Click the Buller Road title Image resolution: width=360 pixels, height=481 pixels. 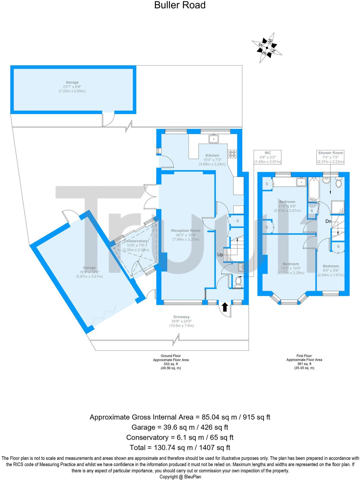point(180,5)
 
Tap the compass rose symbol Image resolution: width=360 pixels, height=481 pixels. point(267,48)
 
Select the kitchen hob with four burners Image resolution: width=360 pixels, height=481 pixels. point(232,154)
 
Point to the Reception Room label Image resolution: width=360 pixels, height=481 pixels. point(186,231)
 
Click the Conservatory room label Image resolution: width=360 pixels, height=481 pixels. point(135,241)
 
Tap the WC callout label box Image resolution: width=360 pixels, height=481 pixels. point(267,157)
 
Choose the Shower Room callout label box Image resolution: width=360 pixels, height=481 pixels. point(330,157)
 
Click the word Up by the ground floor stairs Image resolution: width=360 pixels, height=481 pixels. point(220,255)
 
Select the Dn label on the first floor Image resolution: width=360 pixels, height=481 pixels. point(328,221)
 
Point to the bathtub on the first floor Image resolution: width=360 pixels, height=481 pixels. point(314,189)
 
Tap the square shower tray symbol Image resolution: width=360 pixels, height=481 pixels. point(338,207)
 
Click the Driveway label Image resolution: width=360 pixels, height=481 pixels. point(181,317)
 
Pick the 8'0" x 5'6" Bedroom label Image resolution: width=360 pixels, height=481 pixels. point(331,266)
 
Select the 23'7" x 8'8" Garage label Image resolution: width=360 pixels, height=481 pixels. point(72,83)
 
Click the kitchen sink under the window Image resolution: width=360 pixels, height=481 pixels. point(214,139)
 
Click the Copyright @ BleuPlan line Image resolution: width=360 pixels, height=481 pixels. point(180,477)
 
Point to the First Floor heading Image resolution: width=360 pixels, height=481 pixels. point(304,356)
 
